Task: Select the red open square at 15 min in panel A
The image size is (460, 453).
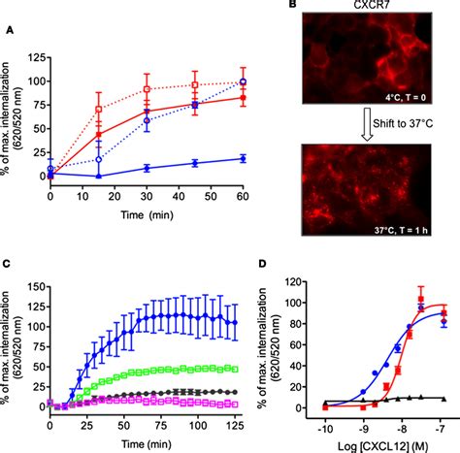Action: pos(98,109)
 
